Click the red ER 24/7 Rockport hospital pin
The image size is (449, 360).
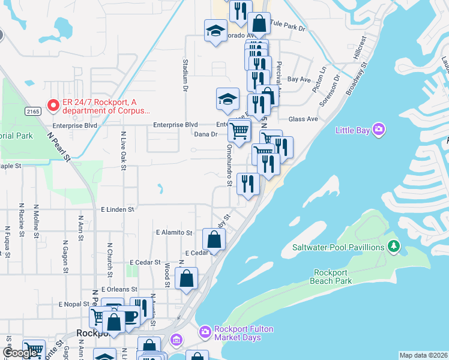pos(53,106)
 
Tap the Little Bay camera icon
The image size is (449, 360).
pos(378,129)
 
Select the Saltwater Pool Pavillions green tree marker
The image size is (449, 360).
pos(394,246)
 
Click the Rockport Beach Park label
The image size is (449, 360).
pos(332,277)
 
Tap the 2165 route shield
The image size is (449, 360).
pos(33,112)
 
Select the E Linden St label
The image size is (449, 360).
pos(117,209)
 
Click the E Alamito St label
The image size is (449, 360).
pos(173,232)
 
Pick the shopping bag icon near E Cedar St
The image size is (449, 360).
pos(214,240)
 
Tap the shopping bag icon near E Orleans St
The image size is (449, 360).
pos(187,278)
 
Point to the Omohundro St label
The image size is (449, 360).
pos(229,166)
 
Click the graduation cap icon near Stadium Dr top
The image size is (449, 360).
pos(215,31)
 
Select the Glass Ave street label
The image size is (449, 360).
pos(303,119)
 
